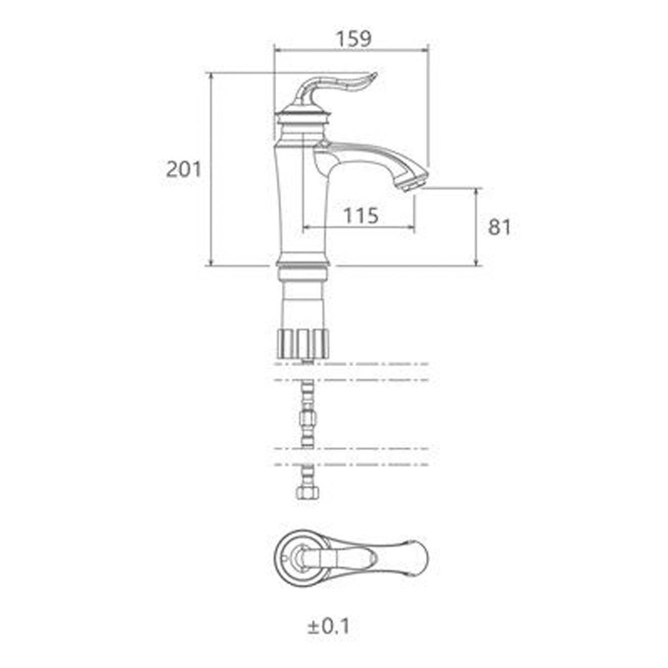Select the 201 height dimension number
pyautogui.click(x=184, y=170)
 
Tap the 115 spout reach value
pyautogui.click(x=361, y=215)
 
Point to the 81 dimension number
pyautogui.click(x=499, y=228)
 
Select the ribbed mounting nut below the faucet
pyautogui.click(x=303, y=344)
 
